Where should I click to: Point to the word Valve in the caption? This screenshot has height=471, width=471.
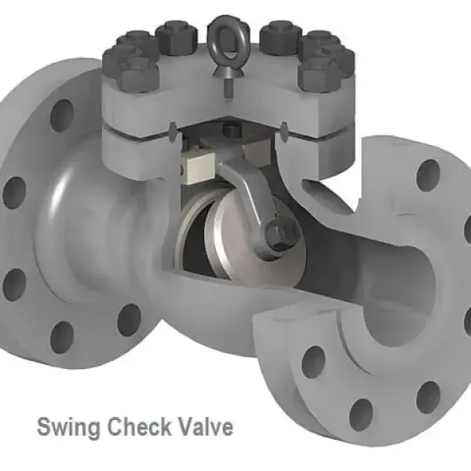click(x=206, y=428)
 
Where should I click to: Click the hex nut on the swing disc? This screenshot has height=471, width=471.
click(x=279, y=232)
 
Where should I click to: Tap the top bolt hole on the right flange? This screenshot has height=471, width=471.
click(x=429, y=175)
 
